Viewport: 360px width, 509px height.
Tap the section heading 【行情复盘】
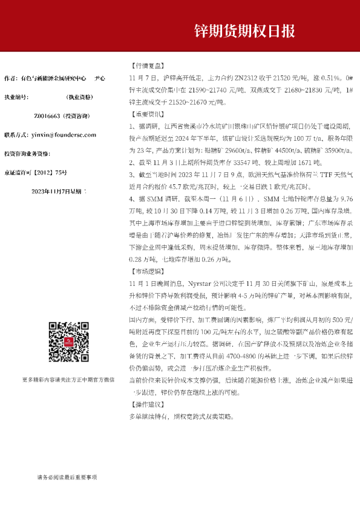pos(147,66)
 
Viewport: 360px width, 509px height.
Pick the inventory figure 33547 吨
pos(227,162)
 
